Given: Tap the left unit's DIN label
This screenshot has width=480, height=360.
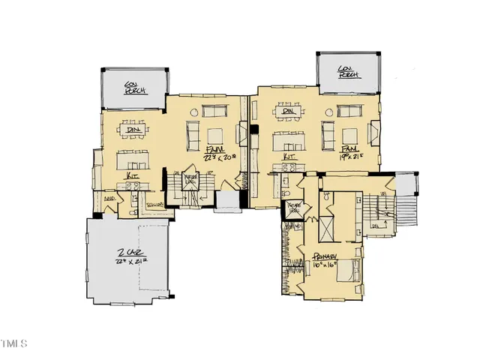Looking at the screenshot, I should point(133,130).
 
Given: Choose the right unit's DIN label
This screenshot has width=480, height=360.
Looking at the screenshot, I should point(287,112).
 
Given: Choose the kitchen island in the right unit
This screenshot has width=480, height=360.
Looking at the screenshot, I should point(286,140).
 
